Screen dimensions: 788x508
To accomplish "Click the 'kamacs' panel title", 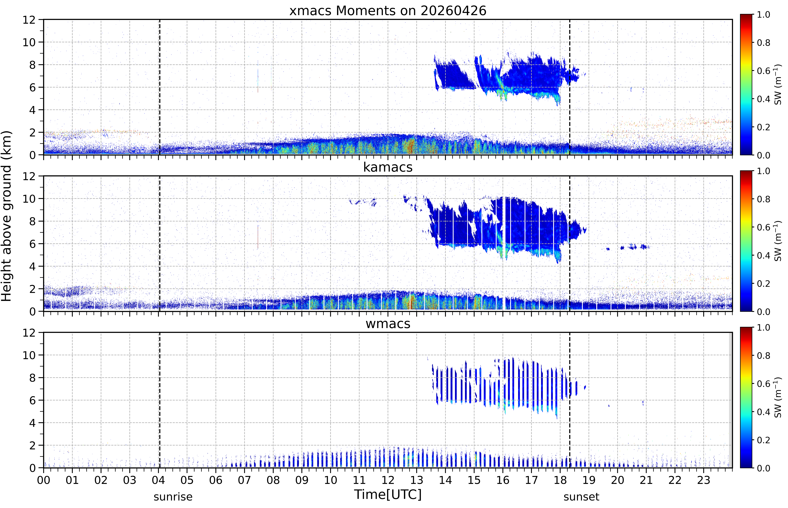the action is click(388, 167).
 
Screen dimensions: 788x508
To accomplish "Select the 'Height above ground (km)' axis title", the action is click(7, 216).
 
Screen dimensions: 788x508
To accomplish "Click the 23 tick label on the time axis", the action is click(704, 480).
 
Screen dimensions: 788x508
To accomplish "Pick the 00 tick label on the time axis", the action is click(44, 480).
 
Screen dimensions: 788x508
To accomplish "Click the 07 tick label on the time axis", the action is click(245, 480).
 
